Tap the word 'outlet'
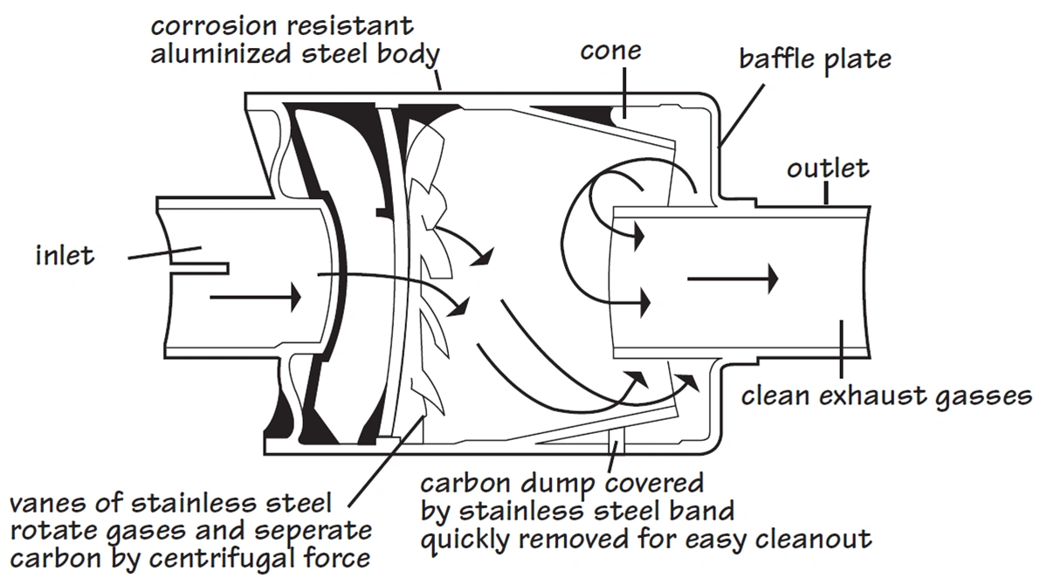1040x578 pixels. (x=828, y=168)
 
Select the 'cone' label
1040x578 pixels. (x=610, y=51)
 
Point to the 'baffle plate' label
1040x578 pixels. (x=815, y=59)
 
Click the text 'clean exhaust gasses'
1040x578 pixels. (x=885, y=396)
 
